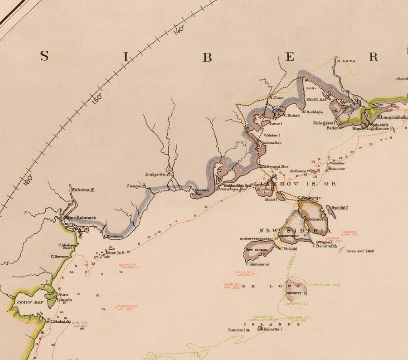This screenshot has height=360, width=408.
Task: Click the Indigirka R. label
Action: click(x=157, y=174)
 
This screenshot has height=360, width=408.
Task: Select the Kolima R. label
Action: click(x=83, y=190)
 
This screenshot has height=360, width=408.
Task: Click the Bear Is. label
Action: click(x=113, y=252)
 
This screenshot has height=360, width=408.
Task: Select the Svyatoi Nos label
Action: click(x=277, y=167)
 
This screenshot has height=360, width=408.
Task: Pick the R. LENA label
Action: click(x=345, y=60)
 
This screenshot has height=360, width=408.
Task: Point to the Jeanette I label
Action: click(x=238, y=330)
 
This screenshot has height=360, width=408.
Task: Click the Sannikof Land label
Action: click(x=360, y=251)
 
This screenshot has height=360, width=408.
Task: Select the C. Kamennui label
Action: click(x=257, y=264)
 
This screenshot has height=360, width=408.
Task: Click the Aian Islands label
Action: click(x=64, y=297)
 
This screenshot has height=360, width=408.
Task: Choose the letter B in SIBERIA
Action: click(x=207, y=57)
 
